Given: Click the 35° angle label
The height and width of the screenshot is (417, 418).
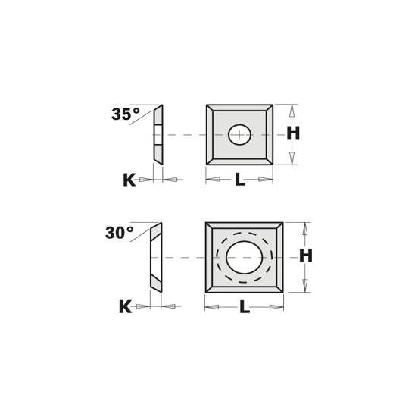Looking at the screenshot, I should [126, 114].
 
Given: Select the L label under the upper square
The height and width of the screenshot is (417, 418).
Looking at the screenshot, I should [239, 180].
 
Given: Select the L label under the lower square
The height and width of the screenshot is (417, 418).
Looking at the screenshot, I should [245, 306].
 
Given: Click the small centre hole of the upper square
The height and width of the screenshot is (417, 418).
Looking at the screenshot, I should [239, 134].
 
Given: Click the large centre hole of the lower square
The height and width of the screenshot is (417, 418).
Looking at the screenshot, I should [244, 259].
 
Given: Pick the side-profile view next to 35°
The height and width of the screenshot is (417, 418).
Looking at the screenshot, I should [157, 134].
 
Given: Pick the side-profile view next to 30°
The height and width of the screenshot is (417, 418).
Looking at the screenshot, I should [154, 259].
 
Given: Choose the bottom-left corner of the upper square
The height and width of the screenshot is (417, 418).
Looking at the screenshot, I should [207, 165].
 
